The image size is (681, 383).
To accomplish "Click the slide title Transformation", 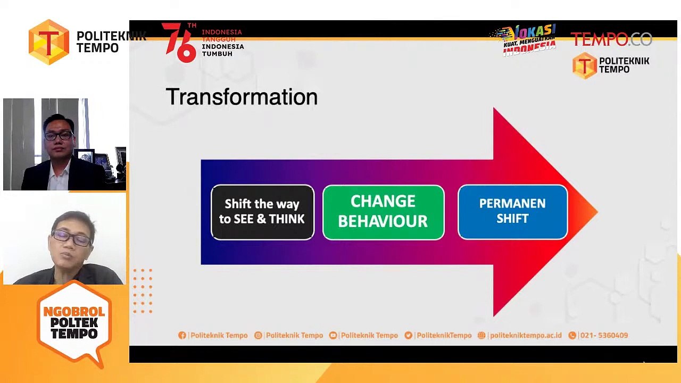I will pos(242,97).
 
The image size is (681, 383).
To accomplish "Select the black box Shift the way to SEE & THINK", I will pos(262,212).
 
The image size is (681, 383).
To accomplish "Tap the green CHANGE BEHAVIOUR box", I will pos(383,212).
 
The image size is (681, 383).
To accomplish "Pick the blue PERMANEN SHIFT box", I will pos(512,211).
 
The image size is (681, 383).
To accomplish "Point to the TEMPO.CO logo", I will pos(611,39).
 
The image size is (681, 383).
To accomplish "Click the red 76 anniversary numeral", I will pos(180,42).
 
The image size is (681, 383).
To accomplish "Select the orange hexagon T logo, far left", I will pos(49,42).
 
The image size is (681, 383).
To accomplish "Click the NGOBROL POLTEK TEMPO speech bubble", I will pos(74,323).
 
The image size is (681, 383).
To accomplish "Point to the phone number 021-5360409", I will pos(604,335).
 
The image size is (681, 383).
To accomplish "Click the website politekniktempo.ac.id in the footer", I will pos(525,335).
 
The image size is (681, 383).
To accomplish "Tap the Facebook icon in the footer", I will pos(182,335).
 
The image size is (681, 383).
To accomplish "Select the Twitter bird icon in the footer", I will pos(408,335).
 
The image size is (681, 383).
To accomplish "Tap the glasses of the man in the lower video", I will pos(71,239).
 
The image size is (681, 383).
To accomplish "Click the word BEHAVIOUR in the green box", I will pos(383,221).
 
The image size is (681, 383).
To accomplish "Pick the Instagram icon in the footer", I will pos(258,335).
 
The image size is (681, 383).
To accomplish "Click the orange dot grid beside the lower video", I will pos(143,291).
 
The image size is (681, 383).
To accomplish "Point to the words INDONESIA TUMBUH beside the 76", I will pos(222,50).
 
